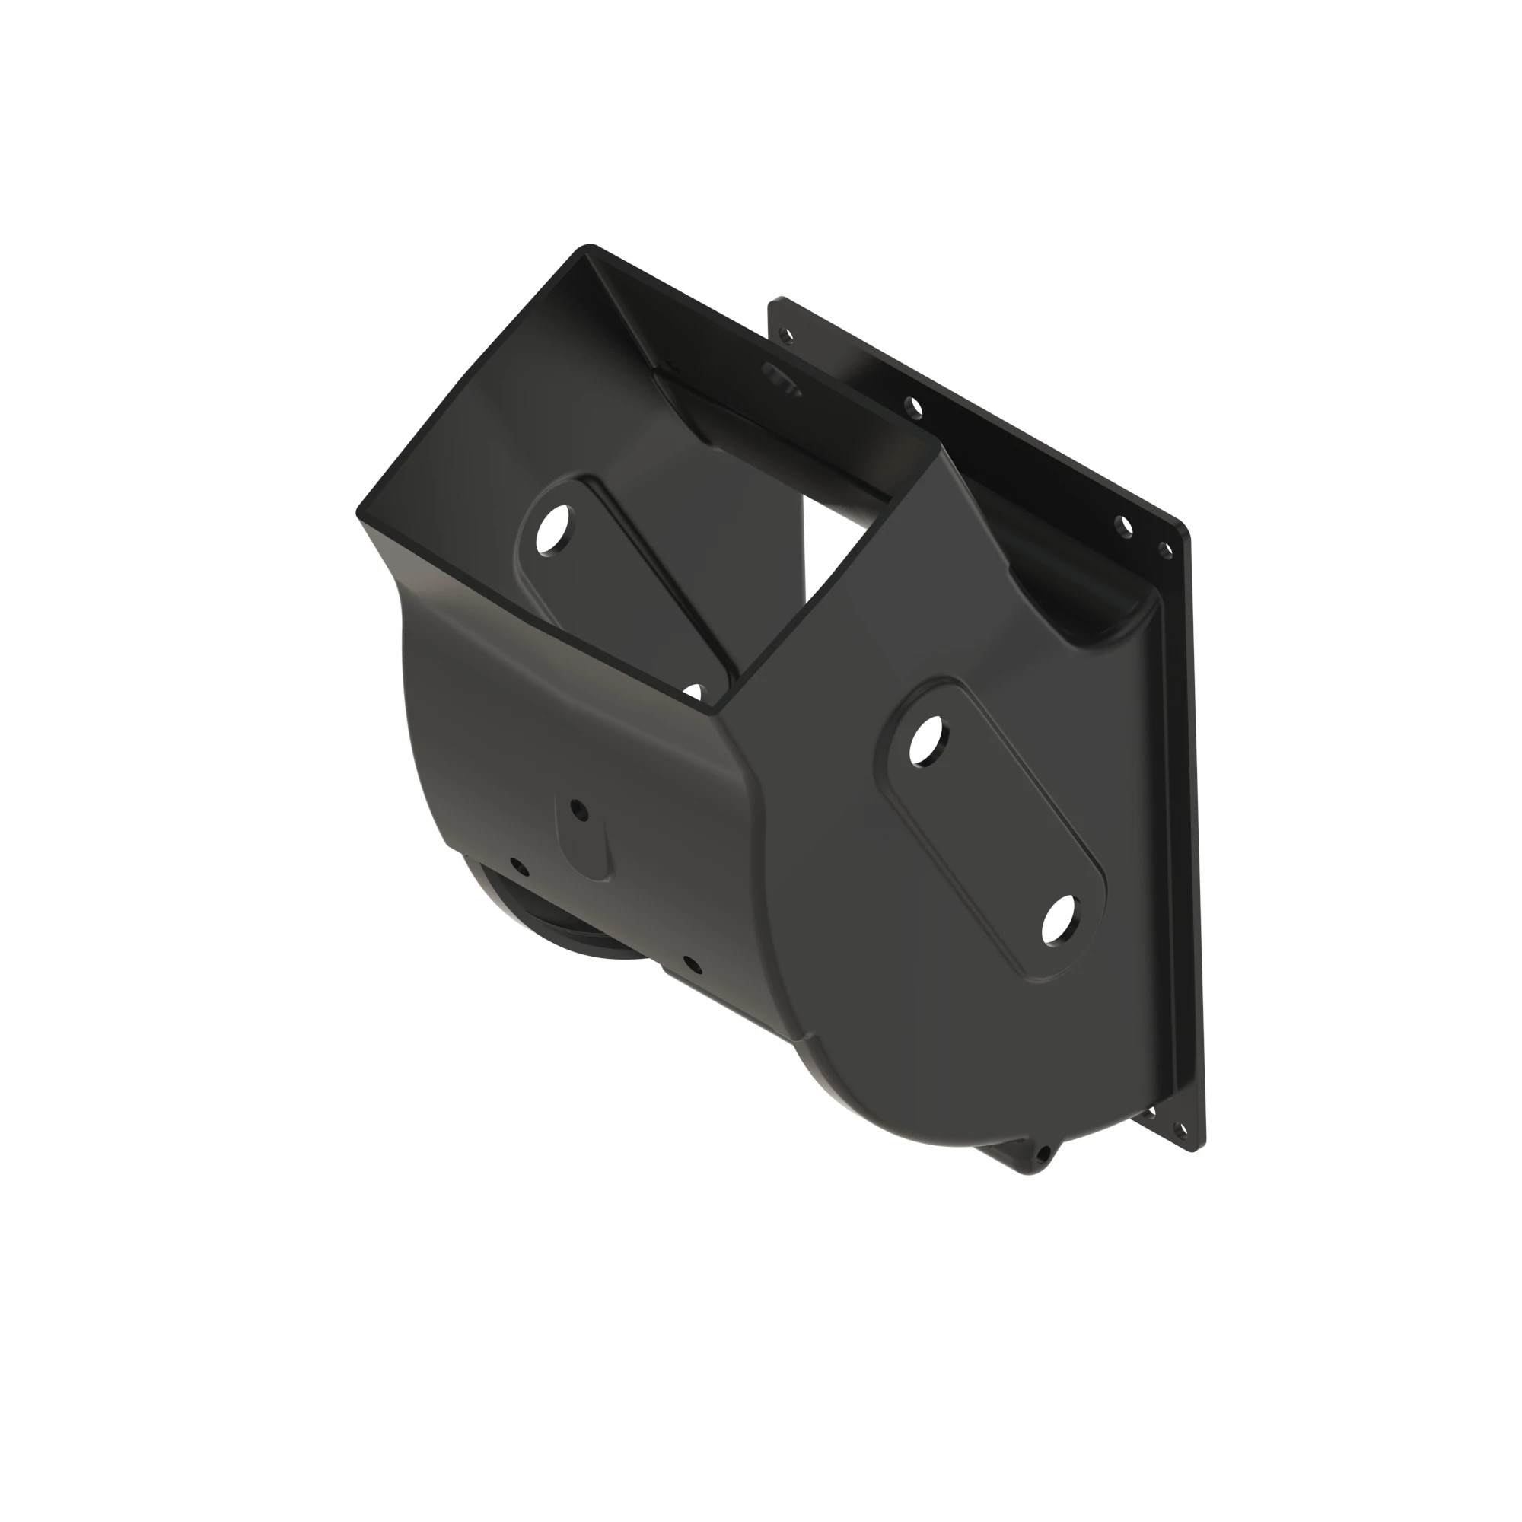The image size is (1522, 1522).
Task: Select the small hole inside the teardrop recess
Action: coord(578,807)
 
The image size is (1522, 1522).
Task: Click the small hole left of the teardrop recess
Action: coord(517,866)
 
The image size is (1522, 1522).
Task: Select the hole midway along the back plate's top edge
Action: coord(914,407)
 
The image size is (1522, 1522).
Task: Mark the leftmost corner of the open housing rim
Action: coord(359,512)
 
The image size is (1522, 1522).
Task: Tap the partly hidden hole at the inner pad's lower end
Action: coord(693,692)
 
